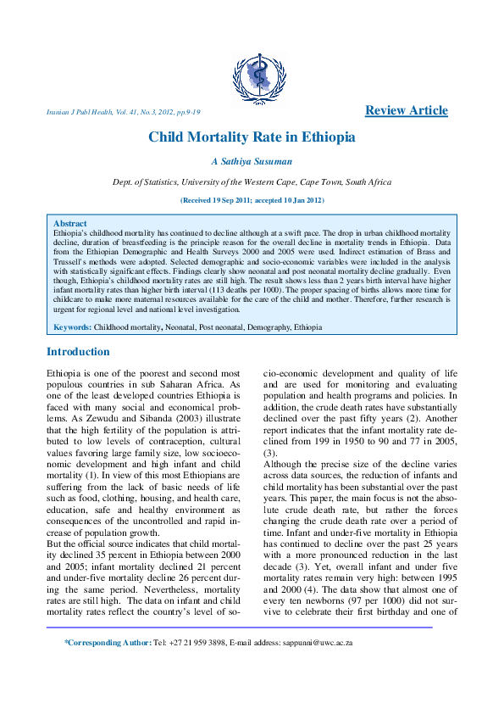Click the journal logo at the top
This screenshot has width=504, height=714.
coord(252,75)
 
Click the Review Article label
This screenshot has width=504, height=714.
coord(406,110)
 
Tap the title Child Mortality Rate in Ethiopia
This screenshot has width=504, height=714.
coord(252,137)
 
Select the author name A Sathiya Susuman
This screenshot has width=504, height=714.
coord(252,162)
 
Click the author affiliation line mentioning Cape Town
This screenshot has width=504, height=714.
coord(252,182)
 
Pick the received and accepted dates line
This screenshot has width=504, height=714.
coord(252,200)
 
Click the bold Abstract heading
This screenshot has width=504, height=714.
coord(69,224)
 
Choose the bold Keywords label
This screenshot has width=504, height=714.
coord(72,326)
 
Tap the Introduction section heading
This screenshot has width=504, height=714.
coord(78,352)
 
